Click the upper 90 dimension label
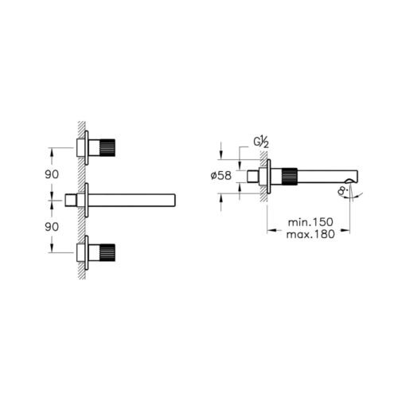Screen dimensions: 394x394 [x=52, y=174]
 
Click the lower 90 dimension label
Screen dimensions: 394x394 [x=52, y=227]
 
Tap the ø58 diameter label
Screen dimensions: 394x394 [x=221, y=176]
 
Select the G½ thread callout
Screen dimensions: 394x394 [x=261, y=143]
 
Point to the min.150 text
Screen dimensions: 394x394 [x=310, y=222]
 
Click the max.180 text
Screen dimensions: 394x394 [x=310, y=234]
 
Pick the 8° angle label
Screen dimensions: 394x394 [x=343, y=190]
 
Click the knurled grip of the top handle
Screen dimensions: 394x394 [x=107, y=147]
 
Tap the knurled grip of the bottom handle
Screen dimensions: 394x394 [x=107, y=252]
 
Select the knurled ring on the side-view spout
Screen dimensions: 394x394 [x=290, y=176]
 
